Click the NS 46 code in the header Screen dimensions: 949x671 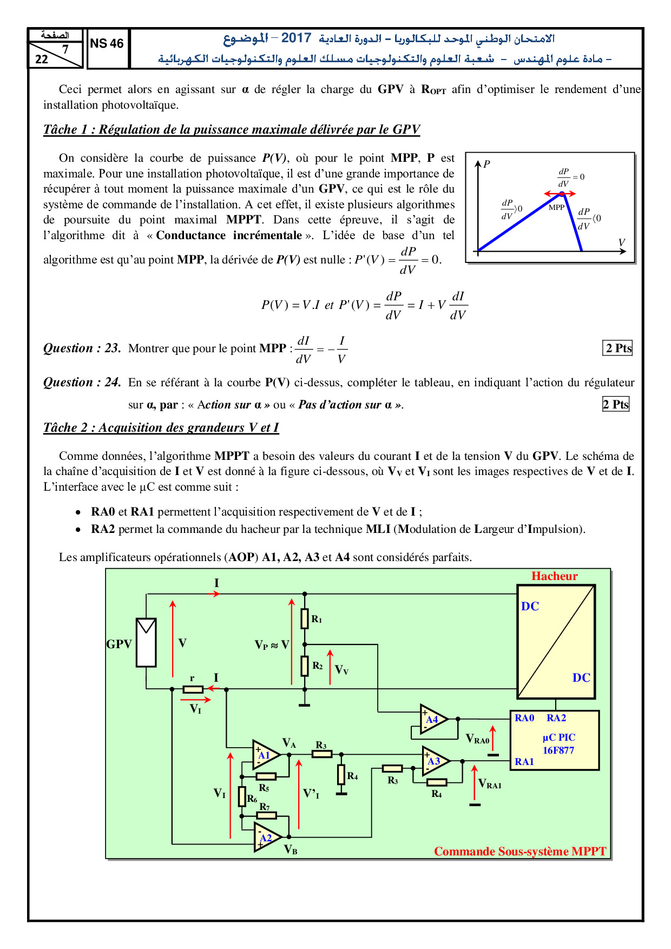tap(107, 44)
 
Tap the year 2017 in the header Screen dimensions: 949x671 tap(296, 38)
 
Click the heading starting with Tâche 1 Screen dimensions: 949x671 tap(232, 129)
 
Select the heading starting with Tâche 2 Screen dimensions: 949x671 tap(161, 427)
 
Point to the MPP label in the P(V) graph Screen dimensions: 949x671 tap(556, 207)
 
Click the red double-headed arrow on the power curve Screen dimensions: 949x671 tap(560, 193)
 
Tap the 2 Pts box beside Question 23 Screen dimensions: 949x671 tap(617, 348)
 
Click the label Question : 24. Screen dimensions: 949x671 tap(82, 383)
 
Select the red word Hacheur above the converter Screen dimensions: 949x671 tap(554, 576)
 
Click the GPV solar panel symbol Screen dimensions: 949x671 tap(146, 642)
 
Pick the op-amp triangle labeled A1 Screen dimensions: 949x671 tap(265, 755)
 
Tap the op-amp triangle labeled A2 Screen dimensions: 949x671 tap(266, 838)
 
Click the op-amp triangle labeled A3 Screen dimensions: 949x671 tap(435, 761)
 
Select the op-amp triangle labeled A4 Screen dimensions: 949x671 tap(433, 720)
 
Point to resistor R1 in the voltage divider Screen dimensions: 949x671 tap(305, 618)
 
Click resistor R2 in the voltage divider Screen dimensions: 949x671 tap(305, 666)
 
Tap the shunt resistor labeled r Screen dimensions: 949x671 tap(193, 689)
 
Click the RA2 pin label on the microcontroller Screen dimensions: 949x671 tap(556, 718)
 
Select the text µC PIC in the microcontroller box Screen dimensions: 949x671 tap(559, 737)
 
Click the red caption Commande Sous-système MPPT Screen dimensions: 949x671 tap(520, 852)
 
